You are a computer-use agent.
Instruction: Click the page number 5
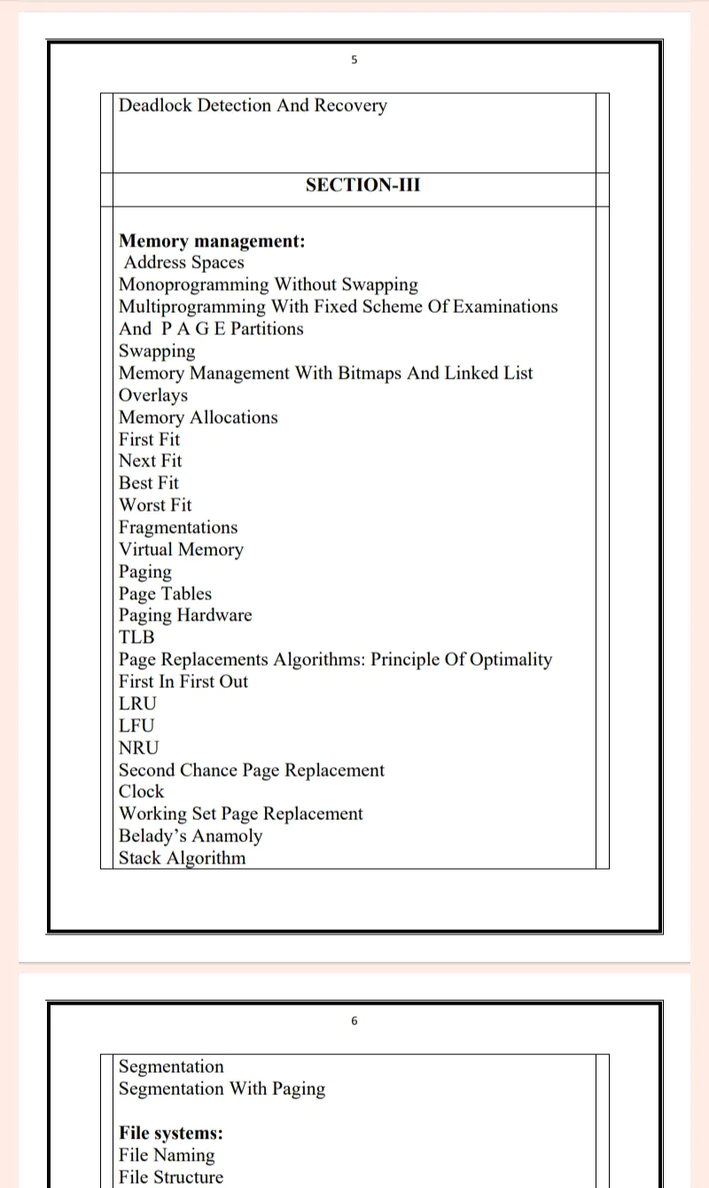pyautogui.click(x=354, y=60)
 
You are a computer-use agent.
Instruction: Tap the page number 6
pyautogui.click(x=354, y=1021)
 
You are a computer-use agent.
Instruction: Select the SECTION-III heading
pyautogui.click(x=362, y=185)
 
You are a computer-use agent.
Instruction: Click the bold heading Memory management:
pyautogui.click(x=212, y=241)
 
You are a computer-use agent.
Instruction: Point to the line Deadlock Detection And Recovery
pyautogui.click(x=253, y=106)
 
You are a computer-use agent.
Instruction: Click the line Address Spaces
pyautogui.click(x=183, y=262)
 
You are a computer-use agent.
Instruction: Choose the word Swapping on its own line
pyautogui.click(x=157, y=351)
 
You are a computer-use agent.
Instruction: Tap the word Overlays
pyautogui.click(x=153, y=395)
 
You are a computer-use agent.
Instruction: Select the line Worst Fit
pyautogui.click(x=155, y=505)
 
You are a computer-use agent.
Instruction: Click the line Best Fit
pyautogui.click(x=149, y=483)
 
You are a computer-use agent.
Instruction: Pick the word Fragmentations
pyautogui.click(x=178, y=528)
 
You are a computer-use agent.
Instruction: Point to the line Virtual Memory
pyautogui.click(x=181, y=550)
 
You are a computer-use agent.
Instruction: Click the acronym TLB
pyautogui.click(x=136, y=637)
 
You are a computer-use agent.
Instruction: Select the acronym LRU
pyautogui.click(x=137, y=704)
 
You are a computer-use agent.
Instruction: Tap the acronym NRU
pyautogui.click(x=138, y=748)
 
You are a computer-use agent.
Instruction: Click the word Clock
pyautogui.click(x=142, y=792)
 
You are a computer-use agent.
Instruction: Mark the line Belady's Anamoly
pyautogui.click(x=191, y=836)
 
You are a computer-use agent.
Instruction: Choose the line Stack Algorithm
pyautogui.click(x=182, y=858)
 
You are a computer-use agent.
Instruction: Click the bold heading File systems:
pyautogui.click(x=171, y=1133)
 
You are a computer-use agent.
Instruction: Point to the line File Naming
pyautogui.click(x=167, y=1155)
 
